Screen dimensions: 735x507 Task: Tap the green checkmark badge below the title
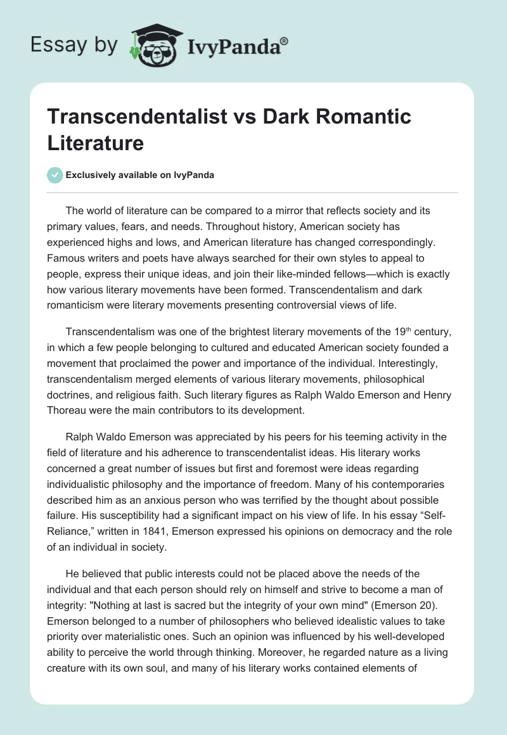coord(55,175)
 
